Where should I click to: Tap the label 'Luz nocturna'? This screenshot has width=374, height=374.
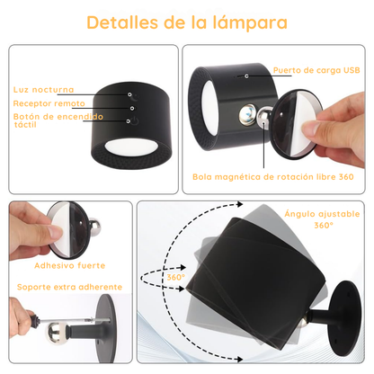coord(43,90)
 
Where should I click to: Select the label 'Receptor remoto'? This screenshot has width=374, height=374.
coord(49,104)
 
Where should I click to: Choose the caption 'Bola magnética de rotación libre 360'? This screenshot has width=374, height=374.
coord(273,176)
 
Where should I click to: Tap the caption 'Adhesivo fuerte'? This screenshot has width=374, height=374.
coord(69,265)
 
